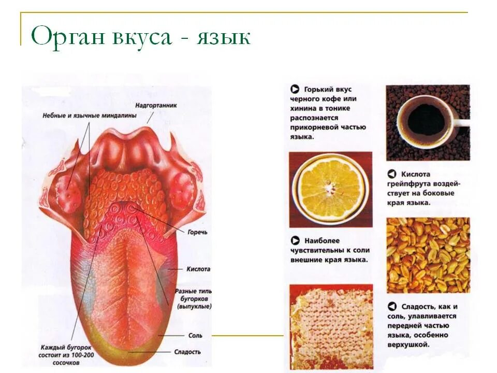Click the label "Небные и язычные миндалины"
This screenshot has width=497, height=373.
point(89,115)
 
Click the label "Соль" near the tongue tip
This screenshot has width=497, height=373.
point(195,336)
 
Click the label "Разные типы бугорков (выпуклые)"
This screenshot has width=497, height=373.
point(194,299)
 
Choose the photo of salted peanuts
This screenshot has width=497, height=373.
point(428,255)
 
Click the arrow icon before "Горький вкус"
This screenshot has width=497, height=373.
point(295,89)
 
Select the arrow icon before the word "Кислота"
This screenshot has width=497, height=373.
point(392,175)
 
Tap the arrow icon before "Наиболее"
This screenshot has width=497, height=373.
point(295,241)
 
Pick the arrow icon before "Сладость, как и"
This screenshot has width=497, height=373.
point(392,307)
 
